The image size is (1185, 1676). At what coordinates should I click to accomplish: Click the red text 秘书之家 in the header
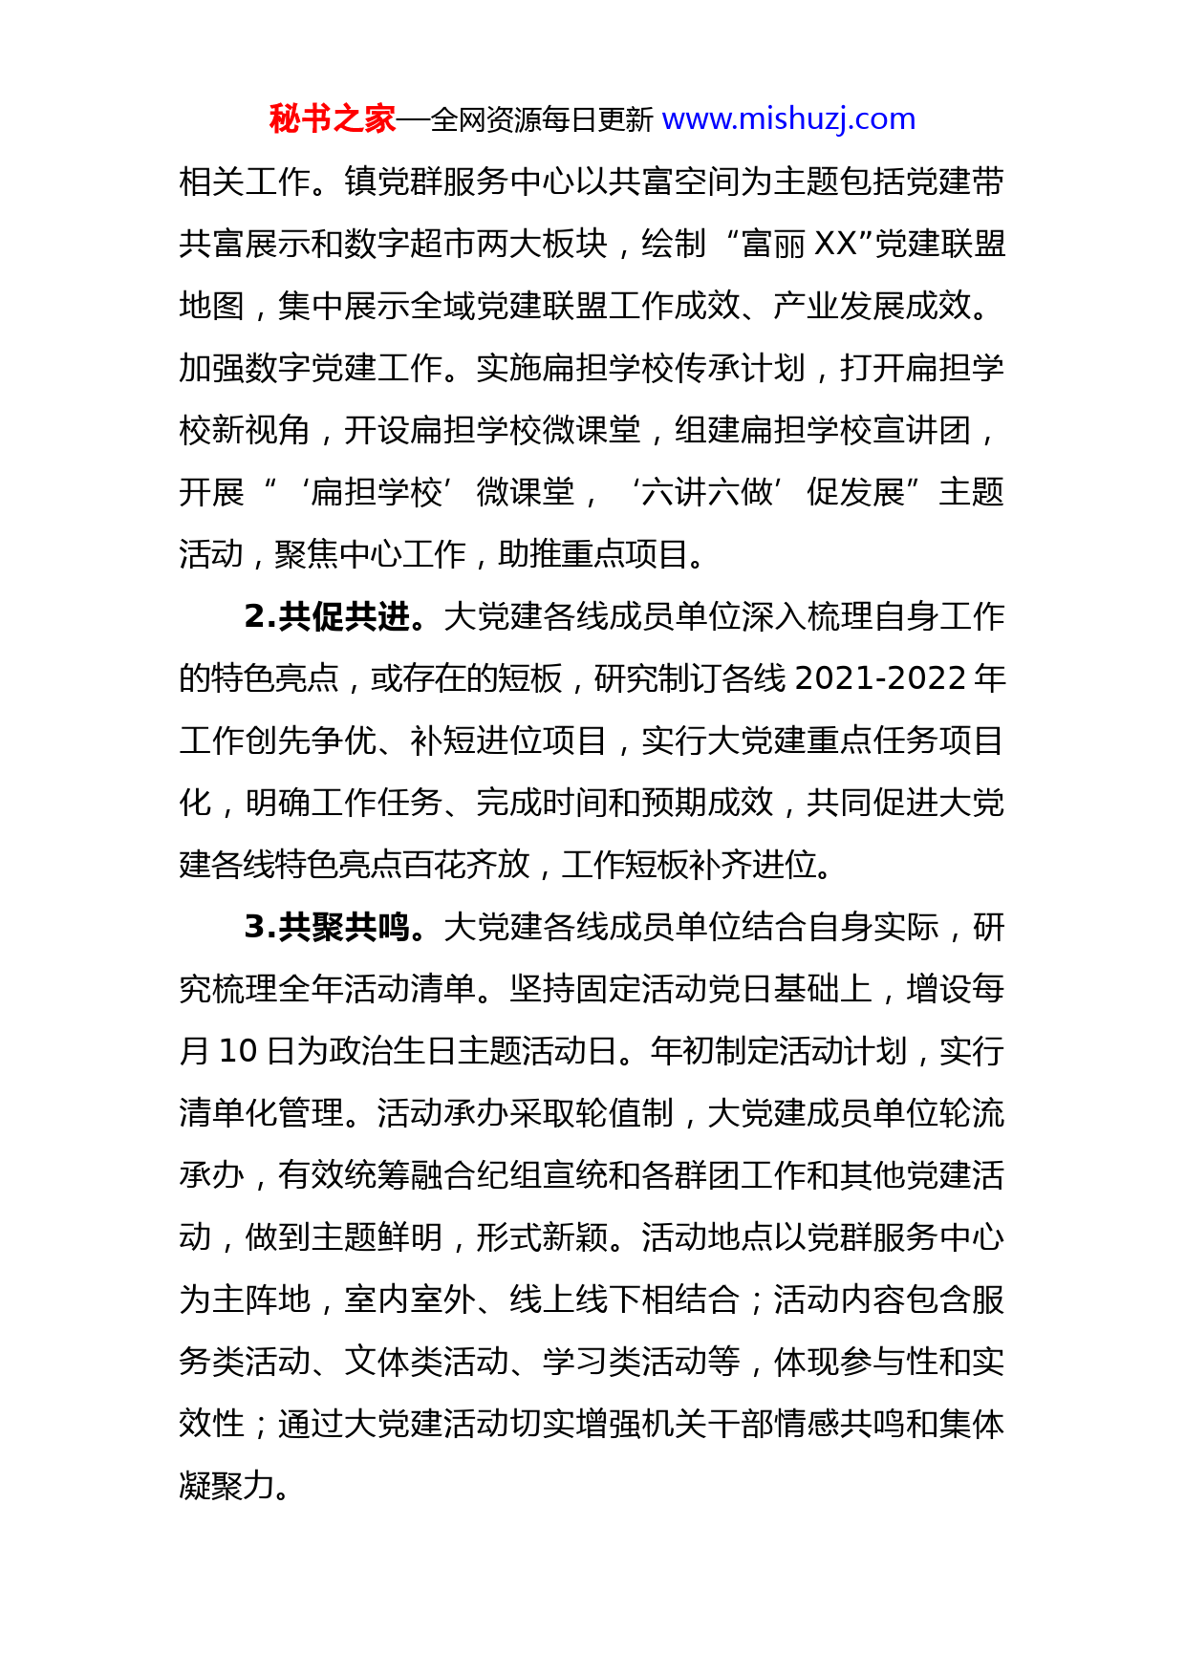pyautogui.click(x=332, y=119)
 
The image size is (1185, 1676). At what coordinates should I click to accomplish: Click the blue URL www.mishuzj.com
pyautogui.click(x=788, y=119)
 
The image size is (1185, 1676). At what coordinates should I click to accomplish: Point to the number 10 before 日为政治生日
pyautogui.click(x=238, y=1051)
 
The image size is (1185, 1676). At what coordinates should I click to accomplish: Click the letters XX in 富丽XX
pyautogui.click(x=836, y=244)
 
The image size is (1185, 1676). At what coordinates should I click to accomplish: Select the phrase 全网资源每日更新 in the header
pyautogui.click(x=541, y=119)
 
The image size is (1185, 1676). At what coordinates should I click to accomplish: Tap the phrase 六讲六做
pyautogui.click(x=707, y=492)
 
